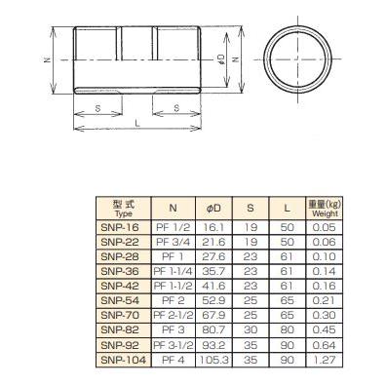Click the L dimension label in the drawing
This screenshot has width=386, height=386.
pos(137,125)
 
